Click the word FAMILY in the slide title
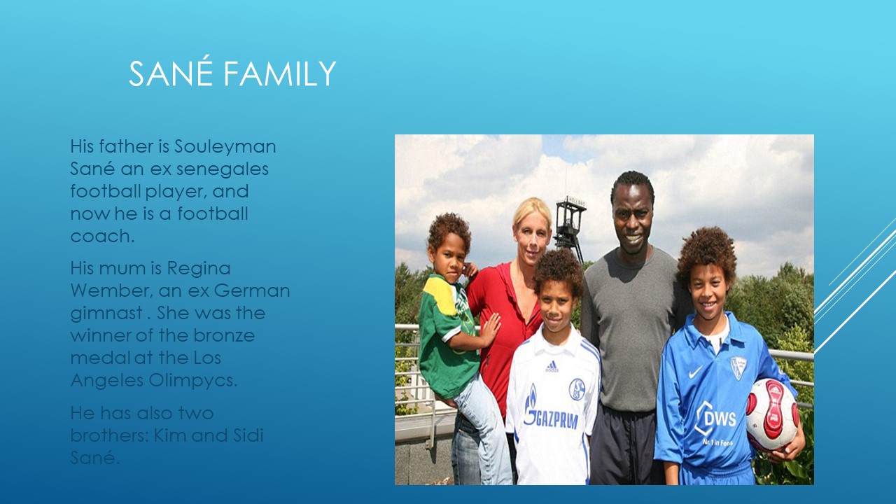[x=279, y=73]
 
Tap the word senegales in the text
[x=223, y=169]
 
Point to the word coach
[x=102, y=236]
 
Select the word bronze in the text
[x=224, y=335]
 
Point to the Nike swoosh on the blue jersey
[x=695, y=372]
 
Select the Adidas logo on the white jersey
[x=552, y=366]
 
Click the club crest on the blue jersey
[x=738, y=367]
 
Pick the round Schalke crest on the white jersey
[x=577, y=388]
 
